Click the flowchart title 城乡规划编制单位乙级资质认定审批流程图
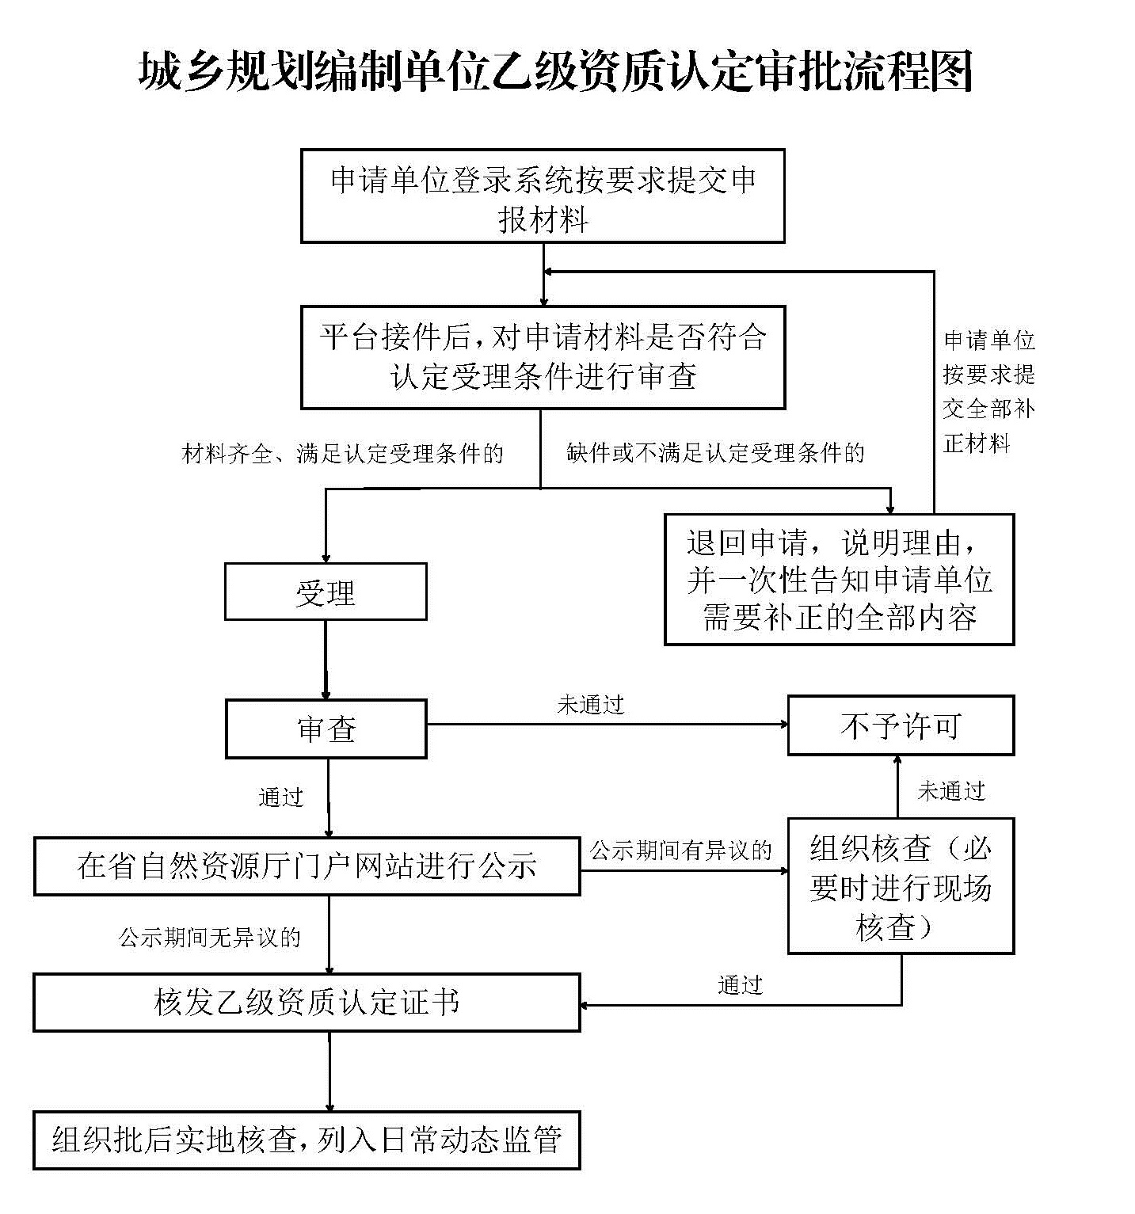pyautogui.click(x=556, y=72)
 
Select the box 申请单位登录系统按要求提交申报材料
pyautogui.click(x=543, y=196)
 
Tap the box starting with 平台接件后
pyautogui.click(x=543, y=357)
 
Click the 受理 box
pyautogui.click(x=326, y=592)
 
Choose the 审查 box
pyautogui.click(x=326, y=729)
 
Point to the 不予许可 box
pyautogui.click(x=901, y=725)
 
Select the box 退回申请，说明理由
pyautogui.click(x=839, y=580)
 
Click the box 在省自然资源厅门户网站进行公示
pyautogui.click(x=307, y=866)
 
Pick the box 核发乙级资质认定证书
pyautogui.click(x=307, y=1003)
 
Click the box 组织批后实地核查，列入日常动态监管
pyautogui.click(x=307, y=1140)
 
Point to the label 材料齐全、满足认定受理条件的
pyautogui.click(x=342, y=454)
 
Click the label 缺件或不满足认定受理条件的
pyautogui.click(x=715, y=453)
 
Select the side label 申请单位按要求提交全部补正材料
pyautogui.click(x=988, y=392)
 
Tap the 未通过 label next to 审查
pyautogui.click(x=591, y=705)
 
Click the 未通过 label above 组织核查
pyautogui.click(x=950, y=790)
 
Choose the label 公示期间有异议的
pyautogui.click(x=680, y=851)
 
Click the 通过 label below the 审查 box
pyautogui.click(x=281, y=797)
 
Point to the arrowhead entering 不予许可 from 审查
pyautogui.click(x=783, y=724)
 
